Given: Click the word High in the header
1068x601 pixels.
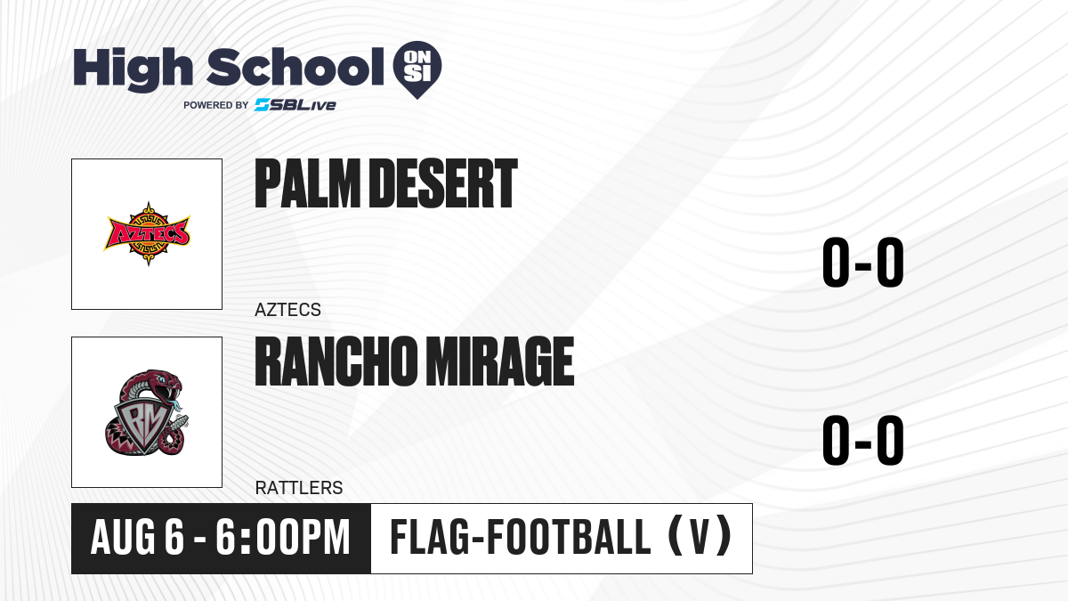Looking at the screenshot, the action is coord(133,69).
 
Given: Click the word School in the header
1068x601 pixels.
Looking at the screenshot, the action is coord(295,67).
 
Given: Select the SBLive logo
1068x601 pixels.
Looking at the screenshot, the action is coord(295,105).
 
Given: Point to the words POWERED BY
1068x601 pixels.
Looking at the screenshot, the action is coord(216,105).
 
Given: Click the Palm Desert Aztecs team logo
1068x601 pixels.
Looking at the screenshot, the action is coord(148,233).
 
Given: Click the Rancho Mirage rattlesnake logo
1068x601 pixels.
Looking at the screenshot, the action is coord(147,412).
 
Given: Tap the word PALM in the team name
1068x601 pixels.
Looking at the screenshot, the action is coord(308,183).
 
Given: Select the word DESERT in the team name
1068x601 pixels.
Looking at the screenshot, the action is coord(443,183).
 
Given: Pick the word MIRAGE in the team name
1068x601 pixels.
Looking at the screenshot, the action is coord(499,361).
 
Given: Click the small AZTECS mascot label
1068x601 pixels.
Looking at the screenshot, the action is coord(288,310).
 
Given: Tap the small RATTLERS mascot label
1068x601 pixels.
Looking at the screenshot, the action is coord(299,488).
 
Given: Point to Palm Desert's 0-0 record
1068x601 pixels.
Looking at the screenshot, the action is coord(863,263).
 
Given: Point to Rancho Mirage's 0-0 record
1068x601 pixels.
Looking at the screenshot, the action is coord(863,440).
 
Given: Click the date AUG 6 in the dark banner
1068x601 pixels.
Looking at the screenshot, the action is coord(137,537).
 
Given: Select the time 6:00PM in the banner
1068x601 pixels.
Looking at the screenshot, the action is coord(283,537).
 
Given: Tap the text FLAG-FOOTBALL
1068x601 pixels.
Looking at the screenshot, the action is coord(521,536).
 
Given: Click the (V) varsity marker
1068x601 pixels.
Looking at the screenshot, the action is coord(700,536).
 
